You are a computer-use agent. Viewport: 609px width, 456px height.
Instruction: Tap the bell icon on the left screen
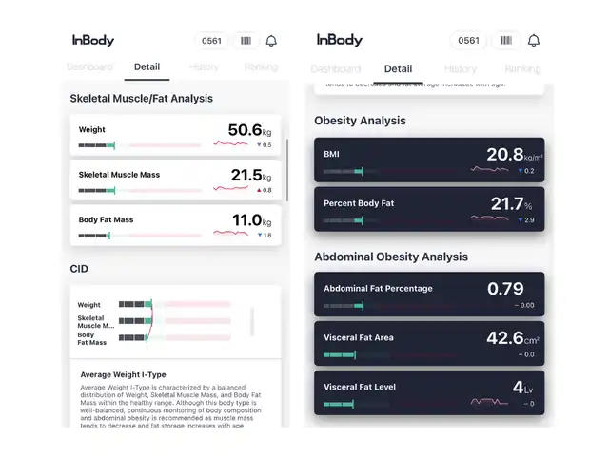271,41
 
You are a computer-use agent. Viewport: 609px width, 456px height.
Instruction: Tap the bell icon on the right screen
534,41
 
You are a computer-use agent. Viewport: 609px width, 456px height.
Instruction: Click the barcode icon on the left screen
246,41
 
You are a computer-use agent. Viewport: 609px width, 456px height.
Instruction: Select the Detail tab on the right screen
398,68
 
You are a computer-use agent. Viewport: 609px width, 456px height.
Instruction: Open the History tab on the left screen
204,67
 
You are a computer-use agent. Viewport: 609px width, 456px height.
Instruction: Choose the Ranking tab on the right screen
521,68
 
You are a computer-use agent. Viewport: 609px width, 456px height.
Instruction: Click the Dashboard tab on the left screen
89,67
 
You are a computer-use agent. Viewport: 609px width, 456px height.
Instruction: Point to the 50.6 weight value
245,130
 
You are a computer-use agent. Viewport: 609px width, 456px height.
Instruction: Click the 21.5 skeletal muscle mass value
246,175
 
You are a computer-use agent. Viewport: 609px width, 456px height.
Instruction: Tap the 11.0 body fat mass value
246,220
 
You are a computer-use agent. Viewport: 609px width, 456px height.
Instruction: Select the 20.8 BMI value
504,154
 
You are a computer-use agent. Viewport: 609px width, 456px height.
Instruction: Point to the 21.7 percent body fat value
506,203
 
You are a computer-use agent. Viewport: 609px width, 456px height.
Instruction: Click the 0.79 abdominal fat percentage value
505,289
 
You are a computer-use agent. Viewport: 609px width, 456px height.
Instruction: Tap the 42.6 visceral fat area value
504,338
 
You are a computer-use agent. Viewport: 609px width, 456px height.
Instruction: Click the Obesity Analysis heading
360,121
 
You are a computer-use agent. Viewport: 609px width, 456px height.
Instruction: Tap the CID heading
79,269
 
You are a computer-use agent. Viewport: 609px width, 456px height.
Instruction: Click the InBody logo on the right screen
339,40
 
